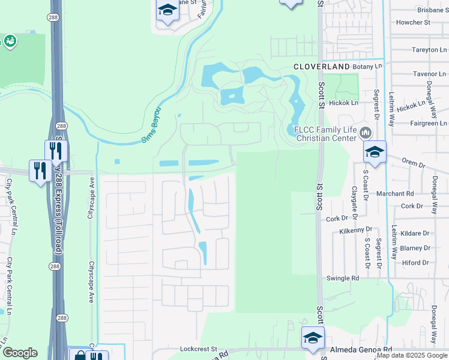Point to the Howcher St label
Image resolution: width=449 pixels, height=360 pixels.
click(414, 23)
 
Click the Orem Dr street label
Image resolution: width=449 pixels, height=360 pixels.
click(413, 163)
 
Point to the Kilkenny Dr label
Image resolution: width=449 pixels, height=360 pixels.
click(356, 230)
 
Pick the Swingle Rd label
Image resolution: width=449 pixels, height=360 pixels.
click(342, 278)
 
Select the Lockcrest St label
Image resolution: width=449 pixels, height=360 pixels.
click(198, 349)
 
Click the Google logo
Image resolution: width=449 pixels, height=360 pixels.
click(20, 353)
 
